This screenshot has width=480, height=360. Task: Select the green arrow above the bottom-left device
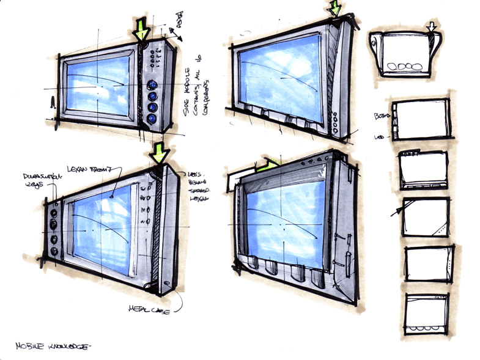click(160, 152)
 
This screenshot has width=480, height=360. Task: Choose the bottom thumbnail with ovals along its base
click(427, 314)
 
